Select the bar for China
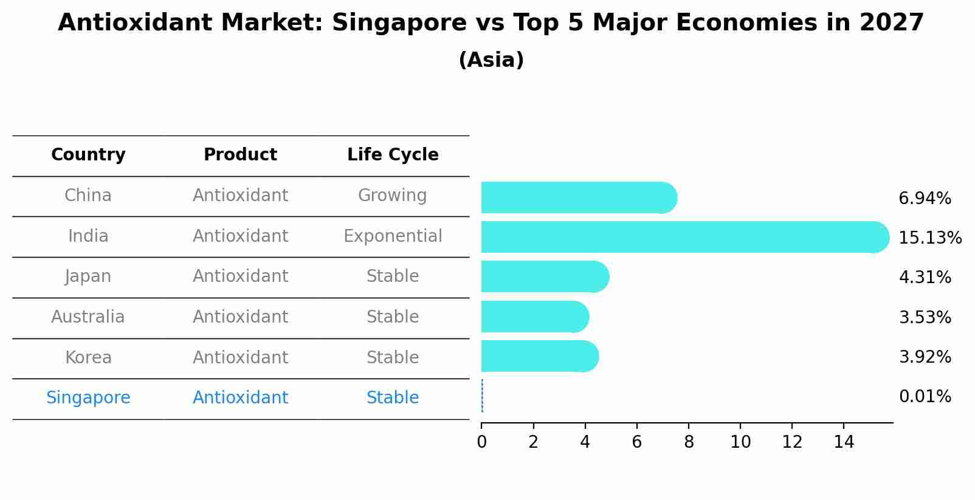(577, 197)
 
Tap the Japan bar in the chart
(544, 276)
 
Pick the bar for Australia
(534, 317)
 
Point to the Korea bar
(539, 356)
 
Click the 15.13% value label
(929, 238)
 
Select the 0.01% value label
(925, 397)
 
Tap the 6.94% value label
(925, 198)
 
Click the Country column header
(88, 155)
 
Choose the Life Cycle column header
(393, 155)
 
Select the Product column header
(240, 155)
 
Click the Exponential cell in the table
(393, 236)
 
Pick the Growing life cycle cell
(393, 196)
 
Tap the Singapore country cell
(88, 398)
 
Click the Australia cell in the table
(88, 317)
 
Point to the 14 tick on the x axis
(844, 442)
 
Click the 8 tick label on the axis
(689, 442)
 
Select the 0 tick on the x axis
(481, 442)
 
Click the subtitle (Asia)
(491, 60)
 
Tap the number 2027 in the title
(891, 23)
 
